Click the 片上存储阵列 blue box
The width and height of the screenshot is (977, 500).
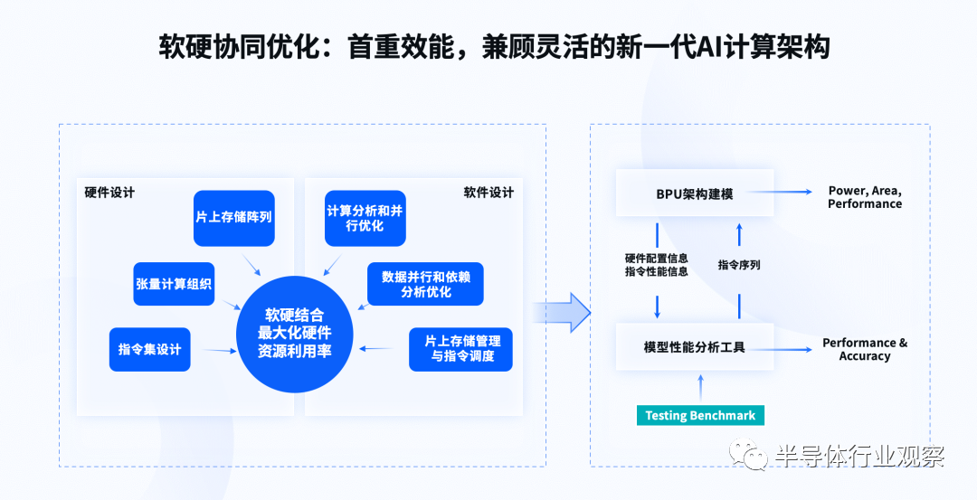pos(234,218)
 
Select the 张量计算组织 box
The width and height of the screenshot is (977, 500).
pos(174,284)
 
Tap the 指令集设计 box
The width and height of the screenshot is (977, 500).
pos(149,349)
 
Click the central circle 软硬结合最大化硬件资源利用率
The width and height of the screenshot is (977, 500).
pos(295,334)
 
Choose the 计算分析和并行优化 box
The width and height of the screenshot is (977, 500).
pos(365,218)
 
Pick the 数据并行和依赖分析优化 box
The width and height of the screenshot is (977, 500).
pos(425,284)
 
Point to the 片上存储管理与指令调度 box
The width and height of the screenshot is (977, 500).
pos(461,349)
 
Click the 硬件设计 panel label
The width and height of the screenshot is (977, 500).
pos(109,193)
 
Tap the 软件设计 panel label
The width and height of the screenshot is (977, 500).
pos(488,193)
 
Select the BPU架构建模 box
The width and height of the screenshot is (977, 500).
pos(695,193)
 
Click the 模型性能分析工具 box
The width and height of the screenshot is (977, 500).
pos(695,347)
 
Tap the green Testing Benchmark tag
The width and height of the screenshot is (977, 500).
pos(700,415)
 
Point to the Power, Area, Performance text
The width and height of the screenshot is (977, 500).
pos(865,197)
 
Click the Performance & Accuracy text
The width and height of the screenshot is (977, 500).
pos(865,349)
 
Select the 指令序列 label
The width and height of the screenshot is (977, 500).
pos(739,265)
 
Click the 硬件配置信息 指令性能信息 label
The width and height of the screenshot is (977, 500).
pos(657,265)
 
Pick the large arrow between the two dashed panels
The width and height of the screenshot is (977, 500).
pos(562,312)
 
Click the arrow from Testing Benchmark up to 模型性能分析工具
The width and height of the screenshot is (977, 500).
pos(700,387)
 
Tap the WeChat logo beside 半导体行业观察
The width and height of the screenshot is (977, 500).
pos(748,454)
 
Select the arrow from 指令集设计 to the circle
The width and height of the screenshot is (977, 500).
pos(219,351)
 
